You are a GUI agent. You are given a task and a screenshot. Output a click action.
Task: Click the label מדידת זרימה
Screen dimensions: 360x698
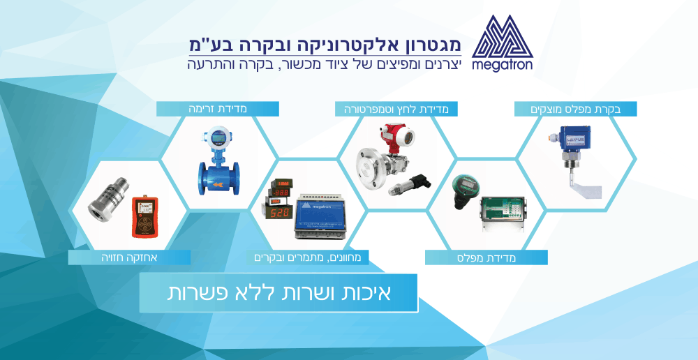tap(217, 109)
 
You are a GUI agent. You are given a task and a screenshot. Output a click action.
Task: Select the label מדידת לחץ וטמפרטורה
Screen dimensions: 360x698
tap(396, 109)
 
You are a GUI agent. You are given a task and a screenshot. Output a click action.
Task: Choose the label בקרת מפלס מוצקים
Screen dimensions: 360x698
tap(576, 109)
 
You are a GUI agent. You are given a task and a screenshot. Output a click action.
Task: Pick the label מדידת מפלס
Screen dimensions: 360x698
tap(487, 257)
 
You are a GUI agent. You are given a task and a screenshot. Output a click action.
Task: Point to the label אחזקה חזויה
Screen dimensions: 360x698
tap(129, 257)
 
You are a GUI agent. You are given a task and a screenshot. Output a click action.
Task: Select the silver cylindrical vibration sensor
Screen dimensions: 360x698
tap(107, 207)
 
